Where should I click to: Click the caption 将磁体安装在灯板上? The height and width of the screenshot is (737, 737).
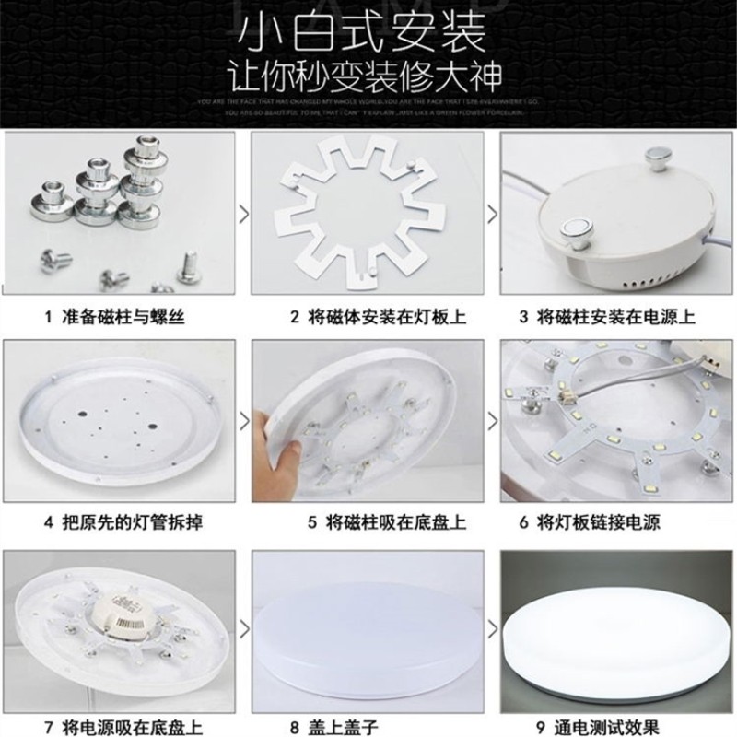pyautogui.click(x=379, y=317)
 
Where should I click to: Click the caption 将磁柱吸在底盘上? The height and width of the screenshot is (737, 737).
pyautogui.click(x=379, y=523)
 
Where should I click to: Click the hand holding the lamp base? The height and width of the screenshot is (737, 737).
pyautogui.click(x=281, y=451)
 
